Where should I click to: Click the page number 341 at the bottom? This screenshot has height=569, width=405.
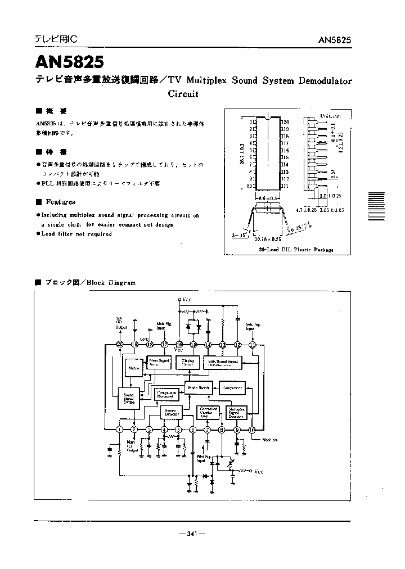[x=191, y=534]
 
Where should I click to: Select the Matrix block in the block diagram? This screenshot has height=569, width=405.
[x=133, y=368]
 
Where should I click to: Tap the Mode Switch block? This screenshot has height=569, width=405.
[x=197, y=388]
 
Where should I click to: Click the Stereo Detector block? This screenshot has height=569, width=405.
[x=169, y=412]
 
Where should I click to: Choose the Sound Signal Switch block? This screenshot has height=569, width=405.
[x=128, y=399]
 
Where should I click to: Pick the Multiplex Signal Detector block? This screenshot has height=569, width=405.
[x=236, y=413]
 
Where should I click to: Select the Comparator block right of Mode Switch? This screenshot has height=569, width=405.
[x=232, y=388]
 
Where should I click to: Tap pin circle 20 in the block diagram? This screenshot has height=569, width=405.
[x=120, y=345]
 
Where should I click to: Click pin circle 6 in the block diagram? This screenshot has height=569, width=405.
[x=193, y=430]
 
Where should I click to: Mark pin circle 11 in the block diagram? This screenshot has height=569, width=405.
[x=252, y=345]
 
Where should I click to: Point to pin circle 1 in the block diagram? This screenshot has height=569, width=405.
[x=120, y=430]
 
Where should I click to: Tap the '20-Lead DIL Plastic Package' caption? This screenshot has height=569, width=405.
[x=296, y=250]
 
